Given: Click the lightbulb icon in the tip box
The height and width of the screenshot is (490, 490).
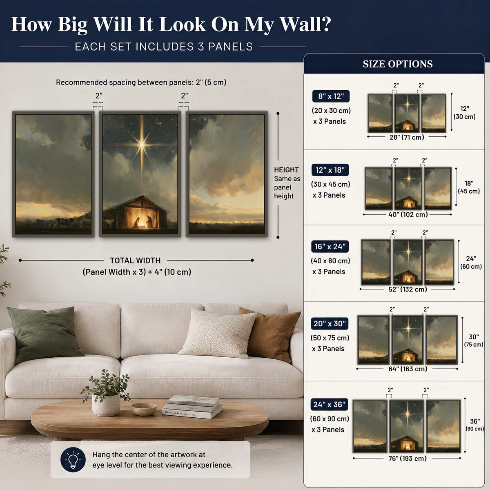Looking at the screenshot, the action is pyautogui.click(x=73, y=459).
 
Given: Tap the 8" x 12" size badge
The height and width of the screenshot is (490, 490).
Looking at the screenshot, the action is pyautogui.click(x=331, y=96).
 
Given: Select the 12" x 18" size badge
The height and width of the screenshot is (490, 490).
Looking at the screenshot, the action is pyautogui.click(x=330, y=170).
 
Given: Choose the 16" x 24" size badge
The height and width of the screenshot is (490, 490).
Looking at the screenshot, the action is pyautogui.click(x=330, y=246).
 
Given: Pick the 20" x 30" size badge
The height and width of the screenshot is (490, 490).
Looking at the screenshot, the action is pyautogui.click(x=330, y=323).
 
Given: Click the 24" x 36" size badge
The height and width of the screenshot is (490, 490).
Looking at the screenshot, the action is pyautogui.click(x=329, y=404).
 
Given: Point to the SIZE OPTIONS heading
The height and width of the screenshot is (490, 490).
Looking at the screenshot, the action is pyautogui.click(x=398, y=64).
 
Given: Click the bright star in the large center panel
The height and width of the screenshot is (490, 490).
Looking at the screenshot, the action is pyautogui.click(x=142, y=145).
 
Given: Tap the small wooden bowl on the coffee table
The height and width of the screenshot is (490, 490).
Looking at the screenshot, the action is pyautogui.click(x=144, y=409).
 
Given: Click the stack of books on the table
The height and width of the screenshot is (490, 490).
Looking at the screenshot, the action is pyautogui.click(x=192, y=407).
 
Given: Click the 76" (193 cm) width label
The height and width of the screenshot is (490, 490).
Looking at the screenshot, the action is pyautogui.click(x=408, y=458).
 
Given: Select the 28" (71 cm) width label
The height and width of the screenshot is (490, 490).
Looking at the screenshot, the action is pyautogui.click(x=407, y=137).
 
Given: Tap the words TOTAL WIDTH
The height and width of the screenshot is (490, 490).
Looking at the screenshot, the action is pyautogui.click(x=135, y=261).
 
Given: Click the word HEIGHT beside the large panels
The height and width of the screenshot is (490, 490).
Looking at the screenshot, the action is pyautogui.click(x=286, y=170).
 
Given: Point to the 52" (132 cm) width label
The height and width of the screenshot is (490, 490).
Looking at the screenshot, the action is pyautogui.click(x=408, y=289).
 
